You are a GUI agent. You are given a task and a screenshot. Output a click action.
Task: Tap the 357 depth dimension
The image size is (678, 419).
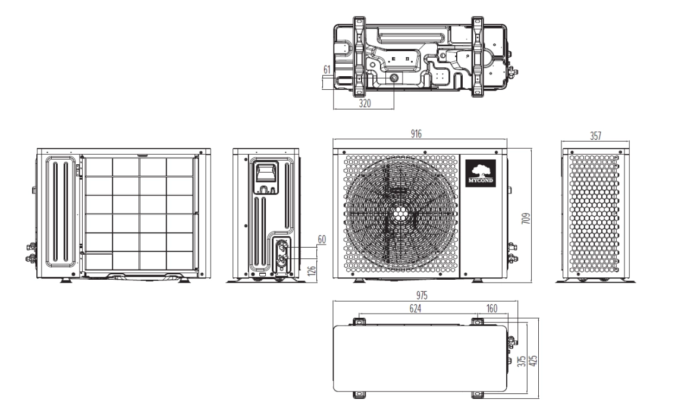[595, 136]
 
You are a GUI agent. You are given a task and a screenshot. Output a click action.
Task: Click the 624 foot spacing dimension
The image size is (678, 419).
[416, 309]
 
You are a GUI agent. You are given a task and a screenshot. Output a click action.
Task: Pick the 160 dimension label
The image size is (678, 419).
[491, 309]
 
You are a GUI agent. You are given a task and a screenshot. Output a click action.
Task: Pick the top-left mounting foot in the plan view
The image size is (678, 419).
[358, 322]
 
